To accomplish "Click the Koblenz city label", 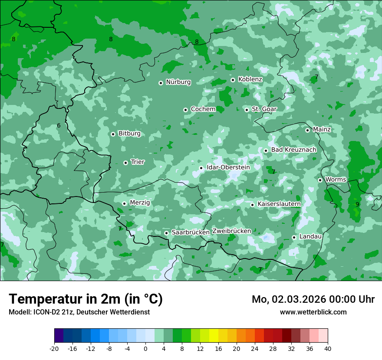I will (x=250, y=79).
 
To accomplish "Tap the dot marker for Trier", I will (x=125, y=163).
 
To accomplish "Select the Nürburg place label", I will (x=178, y=82).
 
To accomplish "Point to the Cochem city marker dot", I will (x=185, y=110).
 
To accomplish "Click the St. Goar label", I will (x=264, y=109).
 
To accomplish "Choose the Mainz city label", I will (x=322, y=129).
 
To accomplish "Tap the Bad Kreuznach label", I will (x=293, y=150).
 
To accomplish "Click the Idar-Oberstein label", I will (x=228, y=167).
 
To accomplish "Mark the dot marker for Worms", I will (x=320, y=180).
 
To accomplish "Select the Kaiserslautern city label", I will (x=279, y=204).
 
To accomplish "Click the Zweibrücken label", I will (x=231, y=231).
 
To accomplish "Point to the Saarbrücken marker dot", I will (x=166, y=233).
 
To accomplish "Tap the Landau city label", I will (x=310, y=236).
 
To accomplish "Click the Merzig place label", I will (x=140, y=203).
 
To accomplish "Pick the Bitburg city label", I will (x=129, y=134).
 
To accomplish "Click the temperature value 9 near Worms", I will (x=357, y=204).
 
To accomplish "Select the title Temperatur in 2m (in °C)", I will (x=86, y=299).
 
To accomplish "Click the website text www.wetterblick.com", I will (x=313, y=312).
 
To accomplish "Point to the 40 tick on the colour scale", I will (x=328, y=349).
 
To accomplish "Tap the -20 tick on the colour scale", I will (x=54, y=349).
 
